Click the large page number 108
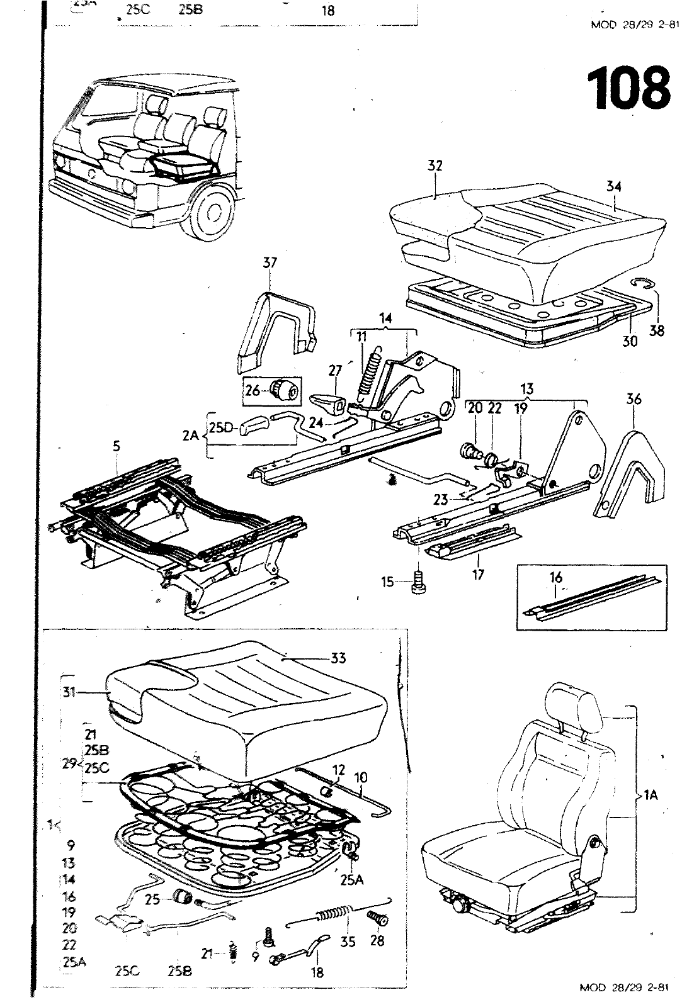tap(628, 87)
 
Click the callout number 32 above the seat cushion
tap(435, 166)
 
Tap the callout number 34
tap(614, 186)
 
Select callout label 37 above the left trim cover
tap(270, 263)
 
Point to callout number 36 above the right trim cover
tap(634, 399)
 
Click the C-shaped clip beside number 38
tap(643, 285)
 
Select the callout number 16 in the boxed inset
tap(555, 578)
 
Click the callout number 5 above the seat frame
tap(116, 446)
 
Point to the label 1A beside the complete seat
tap(651, 796)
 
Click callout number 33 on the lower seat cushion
tap(338, 658)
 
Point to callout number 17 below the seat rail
tap(479, 575)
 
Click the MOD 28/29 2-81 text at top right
tap(627, 26)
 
